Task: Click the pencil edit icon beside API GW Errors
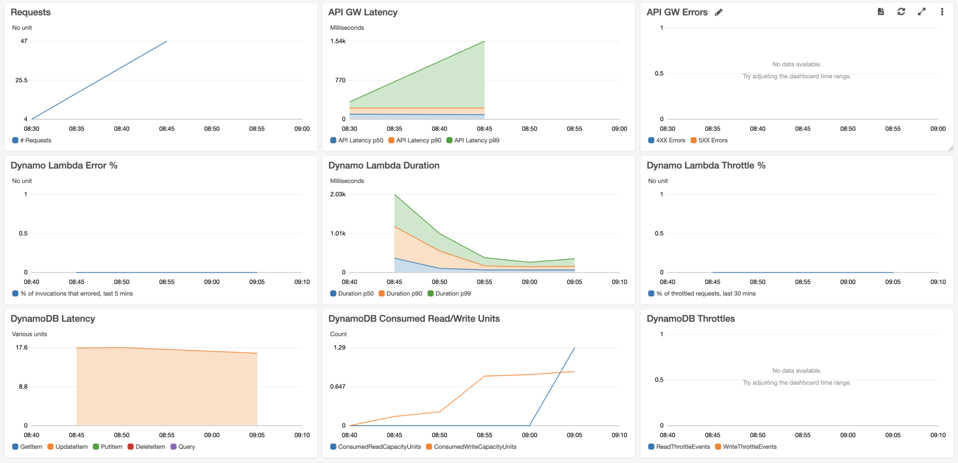(x=719, y=13)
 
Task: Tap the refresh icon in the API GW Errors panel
(x=901, y=12)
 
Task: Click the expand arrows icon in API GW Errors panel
(x=922, y=12)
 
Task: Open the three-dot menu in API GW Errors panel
(x=942, y=12)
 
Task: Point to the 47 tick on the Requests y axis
(x=24, y=41)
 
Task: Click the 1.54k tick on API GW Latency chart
(x=338, y=41)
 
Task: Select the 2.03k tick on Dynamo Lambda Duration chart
(x=338, y=194)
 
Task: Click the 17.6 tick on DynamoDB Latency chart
(x=22, y=347)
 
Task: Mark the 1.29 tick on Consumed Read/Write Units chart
(x=339, y=347)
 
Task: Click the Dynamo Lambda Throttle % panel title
(x=705, y=165)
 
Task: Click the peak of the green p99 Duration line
(x=395, y=195)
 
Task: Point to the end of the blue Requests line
(x=167, y=42)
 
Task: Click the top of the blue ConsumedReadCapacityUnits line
(x=574, y=348)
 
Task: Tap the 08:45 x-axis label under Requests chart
(x=167, y=129)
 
